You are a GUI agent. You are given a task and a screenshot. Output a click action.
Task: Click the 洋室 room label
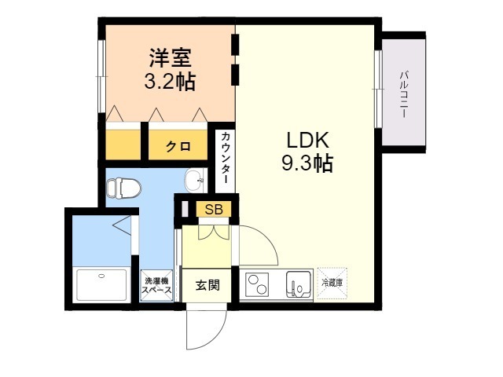tap(170, 57)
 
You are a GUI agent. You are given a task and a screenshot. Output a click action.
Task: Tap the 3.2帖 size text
tap(170, 82)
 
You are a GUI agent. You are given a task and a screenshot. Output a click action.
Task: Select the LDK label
tap(307, 141)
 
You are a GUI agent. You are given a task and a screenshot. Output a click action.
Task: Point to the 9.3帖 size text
tap(307, 163)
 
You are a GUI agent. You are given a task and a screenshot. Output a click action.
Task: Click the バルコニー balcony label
tap(403, 94)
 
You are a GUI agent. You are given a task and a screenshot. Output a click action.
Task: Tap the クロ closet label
tap(178, 147)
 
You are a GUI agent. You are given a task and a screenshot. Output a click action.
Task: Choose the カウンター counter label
tap(226, 158)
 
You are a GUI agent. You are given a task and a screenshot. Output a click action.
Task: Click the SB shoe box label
tap(214, 210)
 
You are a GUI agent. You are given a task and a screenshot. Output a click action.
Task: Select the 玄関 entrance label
tap(207, 284)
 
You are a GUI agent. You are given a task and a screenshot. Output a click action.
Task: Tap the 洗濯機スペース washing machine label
tap(156, 286)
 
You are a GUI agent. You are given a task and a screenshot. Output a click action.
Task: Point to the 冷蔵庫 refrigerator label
tap(332, 283)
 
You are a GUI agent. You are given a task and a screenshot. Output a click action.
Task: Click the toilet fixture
tap(123, 188)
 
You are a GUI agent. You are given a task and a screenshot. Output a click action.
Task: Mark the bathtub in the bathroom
tap(102, 285)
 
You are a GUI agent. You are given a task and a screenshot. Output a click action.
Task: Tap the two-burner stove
tap(257, 284)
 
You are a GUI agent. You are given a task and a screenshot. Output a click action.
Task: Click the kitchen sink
tap(299, 284)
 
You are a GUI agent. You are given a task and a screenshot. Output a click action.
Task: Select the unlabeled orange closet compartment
tap(123, 145)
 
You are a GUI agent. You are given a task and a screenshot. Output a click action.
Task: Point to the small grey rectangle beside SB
tap(185, 209)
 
